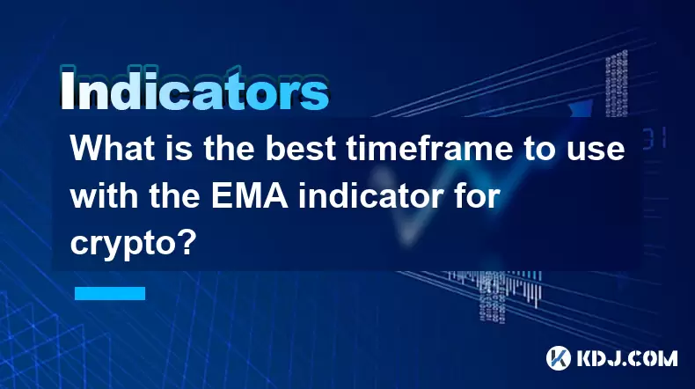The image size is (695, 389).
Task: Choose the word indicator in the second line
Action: tap(384, 195)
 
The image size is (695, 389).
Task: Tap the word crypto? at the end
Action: tap(133, 244)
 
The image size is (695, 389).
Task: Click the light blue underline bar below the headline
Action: tap(110, 293)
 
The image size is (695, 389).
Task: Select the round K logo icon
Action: tap(559, 358)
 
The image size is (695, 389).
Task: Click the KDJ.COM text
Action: tap(627, 358)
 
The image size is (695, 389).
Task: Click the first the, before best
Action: tap(229, 148)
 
